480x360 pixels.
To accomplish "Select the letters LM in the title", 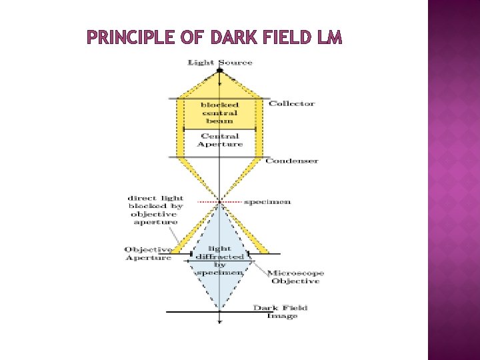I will click(329, 39).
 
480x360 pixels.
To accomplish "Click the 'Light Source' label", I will click(220, 63).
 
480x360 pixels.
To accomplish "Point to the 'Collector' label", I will click(291, 103).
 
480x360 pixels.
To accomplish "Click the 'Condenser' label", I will click(292, 161).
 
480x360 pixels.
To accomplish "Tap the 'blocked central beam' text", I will click(219, 113).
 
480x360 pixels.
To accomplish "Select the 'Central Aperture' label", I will click(220, 140).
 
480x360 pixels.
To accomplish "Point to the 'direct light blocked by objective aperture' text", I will click(154, 211).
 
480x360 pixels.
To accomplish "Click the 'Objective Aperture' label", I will click(148, 253).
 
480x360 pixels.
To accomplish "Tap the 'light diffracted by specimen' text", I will click(219, 259).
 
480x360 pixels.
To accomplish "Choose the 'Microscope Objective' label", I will click(294, 277).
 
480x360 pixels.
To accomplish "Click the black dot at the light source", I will click(220, 71).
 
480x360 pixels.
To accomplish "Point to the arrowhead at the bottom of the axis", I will click(220, 323).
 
